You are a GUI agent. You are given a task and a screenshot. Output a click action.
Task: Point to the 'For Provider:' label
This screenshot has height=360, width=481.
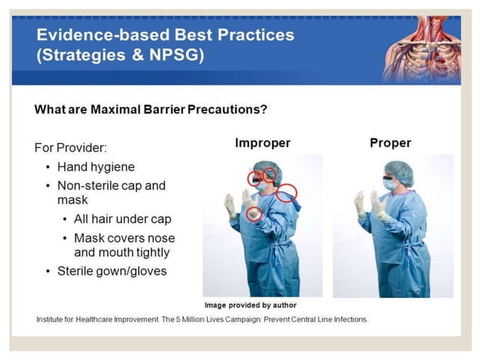point(70,147)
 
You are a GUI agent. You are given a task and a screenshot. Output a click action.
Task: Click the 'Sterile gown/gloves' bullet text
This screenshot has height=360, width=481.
point(111,271)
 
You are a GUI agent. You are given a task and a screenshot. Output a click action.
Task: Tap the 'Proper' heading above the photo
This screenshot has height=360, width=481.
point(391,143)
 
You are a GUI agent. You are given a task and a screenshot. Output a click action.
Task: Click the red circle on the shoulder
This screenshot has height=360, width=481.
point(286,194)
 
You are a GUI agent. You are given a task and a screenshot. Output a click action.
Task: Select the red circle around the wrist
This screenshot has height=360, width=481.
point(255,214)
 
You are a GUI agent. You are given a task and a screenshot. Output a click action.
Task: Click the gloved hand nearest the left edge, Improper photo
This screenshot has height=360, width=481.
point(230,204)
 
